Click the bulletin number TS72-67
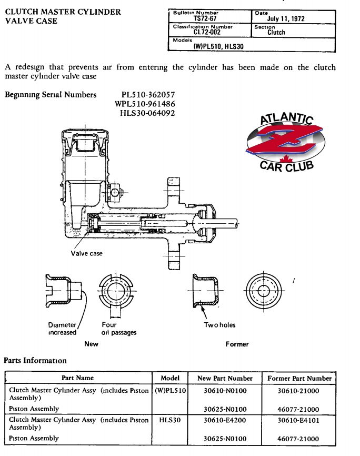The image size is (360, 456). pos(205,18)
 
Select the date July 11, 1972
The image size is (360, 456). pos(286,18)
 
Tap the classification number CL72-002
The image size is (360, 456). pos(207,32)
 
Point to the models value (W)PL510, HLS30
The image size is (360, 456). pos(218,46)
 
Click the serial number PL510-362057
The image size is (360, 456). pos(148,95)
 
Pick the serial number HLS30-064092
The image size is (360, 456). pos(147,113)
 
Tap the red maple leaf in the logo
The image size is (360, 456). pos(286,159)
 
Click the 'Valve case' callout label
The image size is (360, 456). pos(87,253)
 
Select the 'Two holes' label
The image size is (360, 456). pos(219,325)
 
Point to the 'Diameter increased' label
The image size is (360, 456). pos(62,329)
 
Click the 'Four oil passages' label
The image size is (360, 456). pos(118,329)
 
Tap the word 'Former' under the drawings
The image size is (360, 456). pos(237,344)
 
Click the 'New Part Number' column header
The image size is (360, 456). pos(225,378)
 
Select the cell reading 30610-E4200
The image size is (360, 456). pos(225,420)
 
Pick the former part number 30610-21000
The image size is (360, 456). pos(298,391)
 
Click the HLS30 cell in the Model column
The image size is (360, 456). pos(170,420)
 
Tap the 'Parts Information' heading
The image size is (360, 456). pos(35,360)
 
